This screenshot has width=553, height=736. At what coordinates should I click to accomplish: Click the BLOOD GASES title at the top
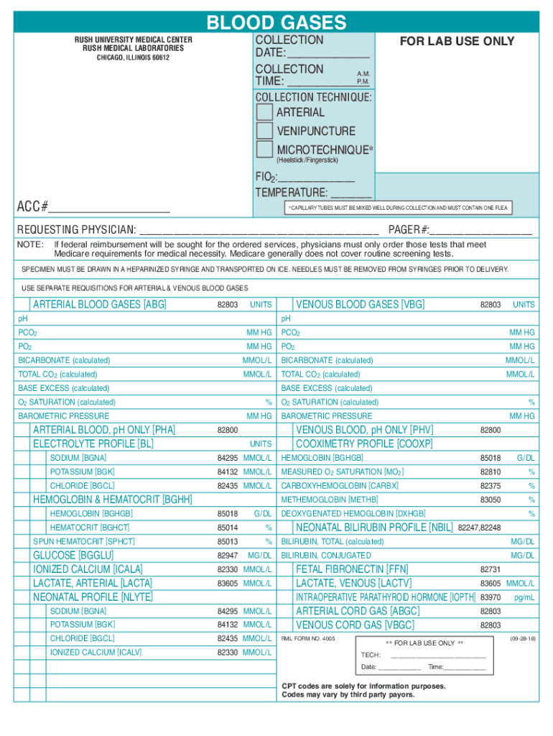276,22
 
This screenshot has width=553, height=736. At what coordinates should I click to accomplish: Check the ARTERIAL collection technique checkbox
265,112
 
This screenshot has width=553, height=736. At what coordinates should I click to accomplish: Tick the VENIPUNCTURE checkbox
265,131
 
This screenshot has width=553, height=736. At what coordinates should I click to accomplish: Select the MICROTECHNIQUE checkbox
265,149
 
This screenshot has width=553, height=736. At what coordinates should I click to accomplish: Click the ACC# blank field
109,211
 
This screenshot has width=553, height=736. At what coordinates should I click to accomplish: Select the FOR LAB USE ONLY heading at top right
457,41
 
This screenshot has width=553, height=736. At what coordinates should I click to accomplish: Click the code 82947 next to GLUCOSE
227,556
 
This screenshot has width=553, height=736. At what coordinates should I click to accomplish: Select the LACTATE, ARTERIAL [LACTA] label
93,583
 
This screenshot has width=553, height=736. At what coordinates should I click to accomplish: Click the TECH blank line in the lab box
438,656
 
